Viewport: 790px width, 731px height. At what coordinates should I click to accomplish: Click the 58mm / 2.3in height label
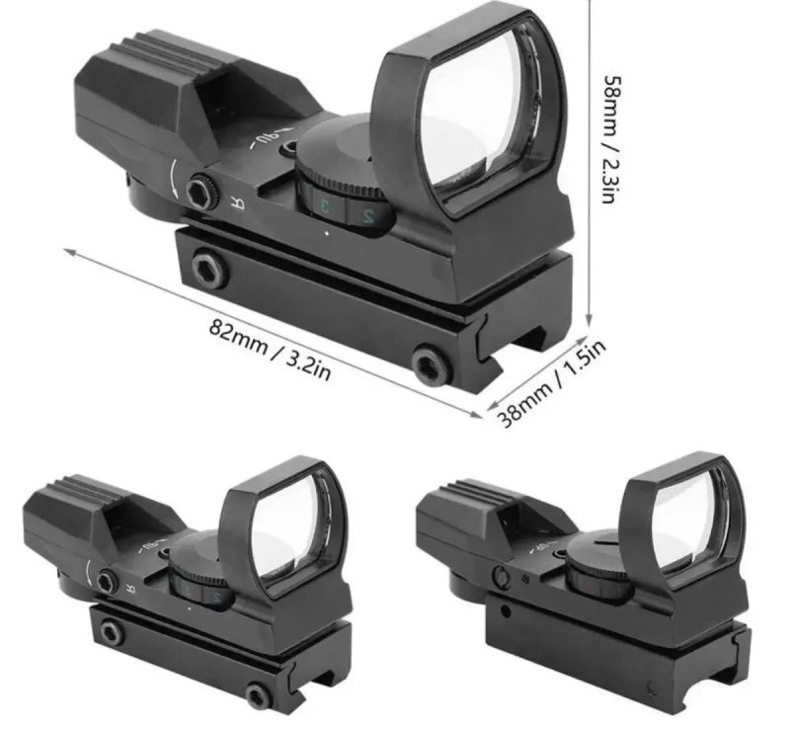coord(609,139)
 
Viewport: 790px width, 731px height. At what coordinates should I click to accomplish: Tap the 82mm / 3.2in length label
coord(270,349)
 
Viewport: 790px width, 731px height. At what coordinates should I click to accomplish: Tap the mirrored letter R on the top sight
coord(238,203)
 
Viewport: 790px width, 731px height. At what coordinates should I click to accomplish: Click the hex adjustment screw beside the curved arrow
coord(201,191)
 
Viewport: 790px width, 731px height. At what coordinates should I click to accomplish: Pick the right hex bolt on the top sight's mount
coord(431,364)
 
